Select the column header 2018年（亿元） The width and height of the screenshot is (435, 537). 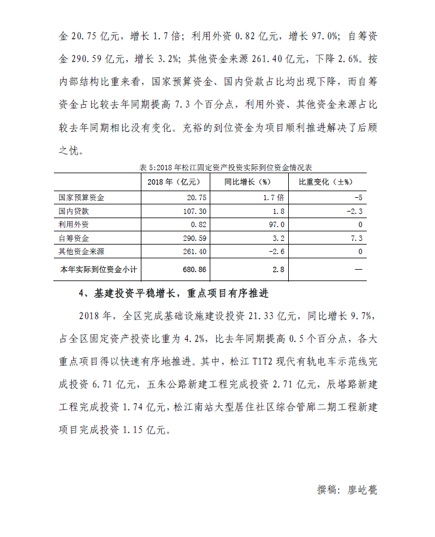tap(173, 182)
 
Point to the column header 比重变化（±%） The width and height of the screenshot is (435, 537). tap(325, 182)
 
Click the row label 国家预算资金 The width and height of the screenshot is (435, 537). tap(81, 197)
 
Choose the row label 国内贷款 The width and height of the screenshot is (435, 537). tap(74, 211)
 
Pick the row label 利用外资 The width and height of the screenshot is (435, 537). tap(74, 225)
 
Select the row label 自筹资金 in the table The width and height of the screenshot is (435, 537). tap(74, 239)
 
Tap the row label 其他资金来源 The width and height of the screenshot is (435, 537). tap(81, 252)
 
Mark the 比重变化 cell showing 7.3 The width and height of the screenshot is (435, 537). tap(358, 239)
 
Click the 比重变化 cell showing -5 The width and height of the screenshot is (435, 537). tap(359, 197)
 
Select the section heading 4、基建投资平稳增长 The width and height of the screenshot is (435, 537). tap(173, 294)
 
